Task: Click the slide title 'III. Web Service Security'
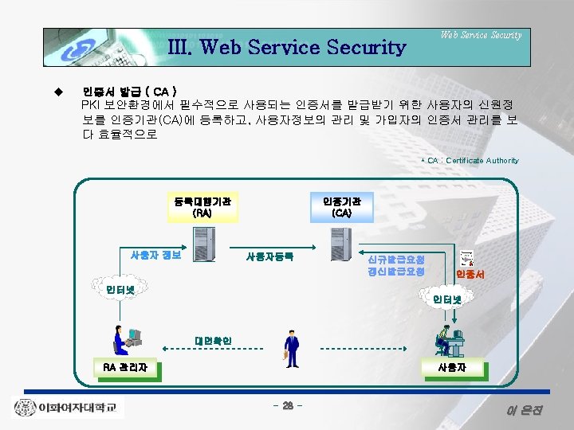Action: pyautogui.click(x=287, y=47)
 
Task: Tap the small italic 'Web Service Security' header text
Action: pyautogui.click(x=481, y=35)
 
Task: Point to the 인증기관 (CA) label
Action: pyautogui.click(x=341, y=207)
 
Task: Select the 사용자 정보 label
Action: pyautogui.click(x=155, y=255)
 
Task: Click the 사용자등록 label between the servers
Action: pyautogui.click(x=269, y=256)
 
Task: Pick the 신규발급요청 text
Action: pyautogui.click(x=395, y=260)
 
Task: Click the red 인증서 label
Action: pyautogui.click(x=470, y=274)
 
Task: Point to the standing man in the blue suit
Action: pyautogui.click(x=292, y=350)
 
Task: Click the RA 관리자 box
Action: pyautogui.click(x=125, y=367)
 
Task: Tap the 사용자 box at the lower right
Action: pyautogui.click(x=451, y=367)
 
